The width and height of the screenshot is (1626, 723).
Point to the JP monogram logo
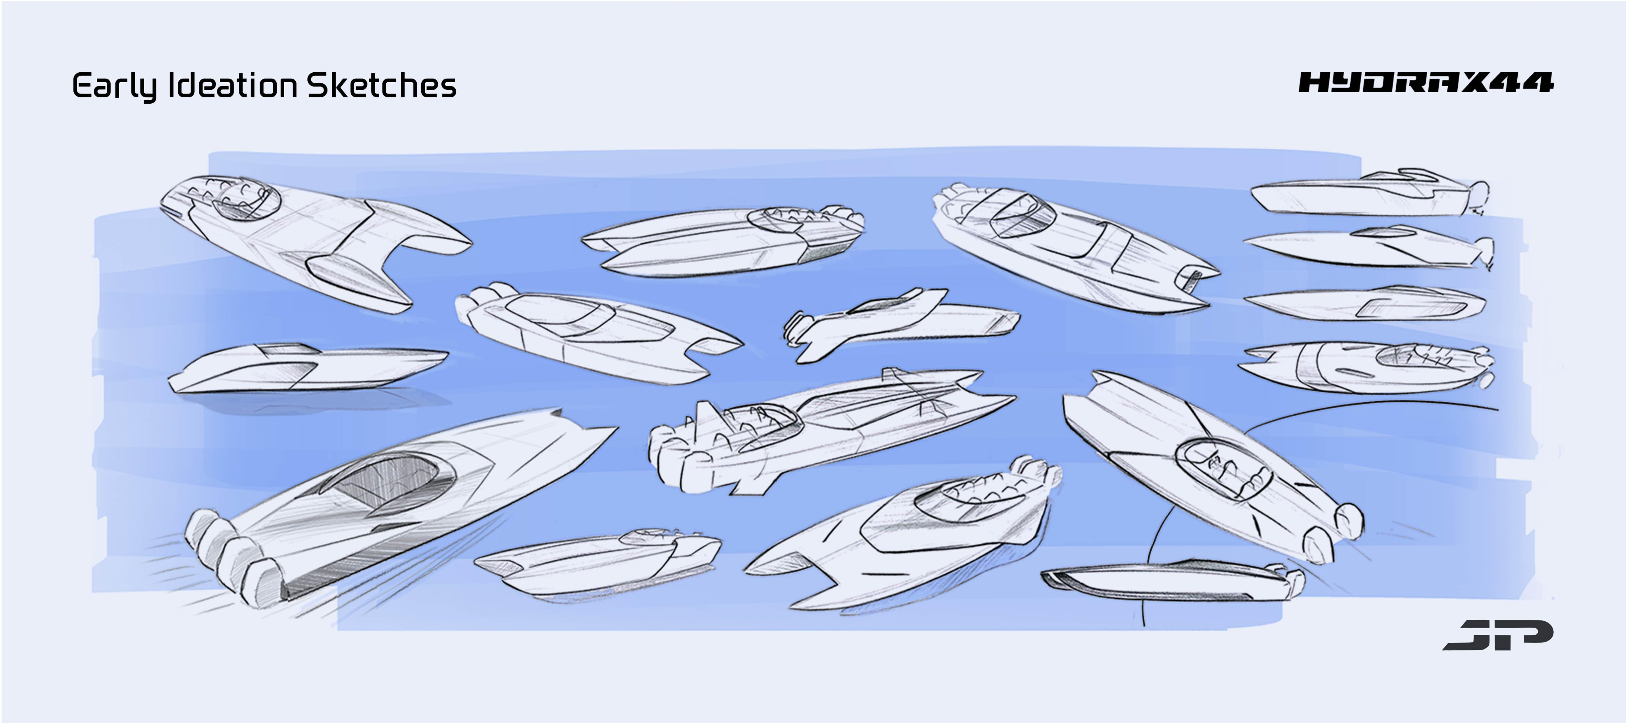coord(1497,634)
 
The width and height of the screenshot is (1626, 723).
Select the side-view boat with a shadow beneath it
coord(308,369)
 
